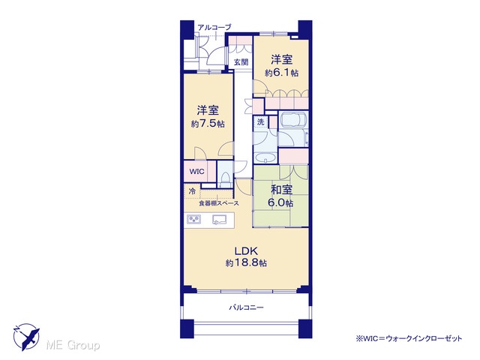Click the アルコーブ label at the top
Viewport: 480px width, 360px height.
coord(214,27)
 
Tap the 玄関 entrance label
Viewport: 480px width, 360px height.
coord(241,62)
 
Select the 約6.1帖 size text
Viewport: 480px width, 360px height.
coord(282,73)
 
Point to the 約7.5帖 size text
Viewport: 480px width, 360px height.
coord(208,124)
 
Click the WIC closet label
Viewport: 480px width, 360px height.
coord(196,172)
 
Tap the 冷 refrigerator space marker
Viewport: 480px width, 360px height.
coord(192,192)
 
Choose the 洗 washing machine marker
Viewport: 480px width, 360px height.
coord(260,121)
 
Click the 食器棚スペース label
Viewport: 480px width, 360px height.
coord(219,203)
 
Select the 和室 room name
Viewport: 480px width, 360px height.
coord(281,190)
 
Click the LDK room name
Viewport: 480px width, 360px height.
coord(247,251)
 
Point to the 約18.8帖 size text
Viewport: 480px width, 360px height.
coord(246,262)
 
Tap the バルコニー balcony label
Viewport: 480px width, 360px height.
coord(247,307)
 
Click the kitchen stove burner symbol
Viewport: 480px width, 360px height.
coord(194,220)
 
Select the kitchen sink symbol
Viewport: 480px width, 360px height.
coord(220,219)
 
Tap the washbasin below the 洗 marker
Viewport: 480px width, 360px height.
coord(265,158)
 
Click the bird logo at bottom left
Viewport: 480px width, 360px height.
coord(26,337)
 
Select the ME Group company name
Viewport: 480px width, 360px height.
coord(73,345)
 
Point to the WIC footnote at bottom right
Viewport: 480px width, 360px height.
coord(409,338)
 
